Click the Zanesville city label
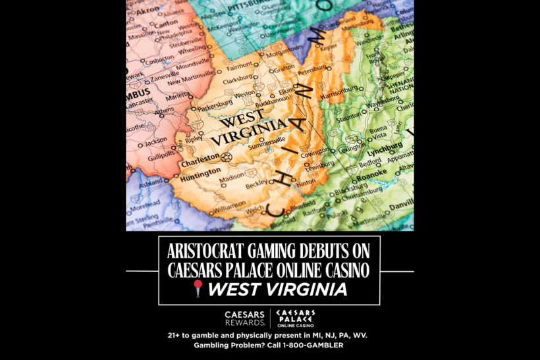pyautogui.click(x=165, y=78)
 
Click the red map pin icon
pyautogui.click(x=197, y=288)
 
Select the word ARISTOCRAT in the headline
pyautogui.click(x=205, y=251)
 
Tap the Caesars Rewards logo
pyautogui.click(x=245, y=318)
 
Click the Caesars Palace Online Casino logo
pyautogui.click(x=295, y=318)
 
